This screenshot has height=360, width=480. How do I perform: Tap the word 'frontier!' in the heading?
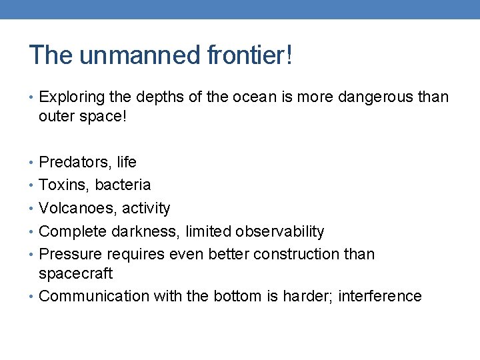click(x=249, y=55)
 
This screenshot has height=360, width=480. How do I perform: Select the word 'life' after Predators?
click(x=126, y=162)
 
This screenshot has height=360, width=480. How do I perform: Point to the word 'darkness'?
click(x=145, y=231)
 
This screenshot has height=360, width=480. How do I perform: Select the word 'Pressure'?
click(x=68, y=254)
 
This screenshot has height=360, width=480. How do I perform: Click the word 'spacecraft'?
click(x=75, y=273)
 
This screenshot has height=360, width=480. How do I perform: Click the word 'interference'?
click(x=380, y=296)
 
